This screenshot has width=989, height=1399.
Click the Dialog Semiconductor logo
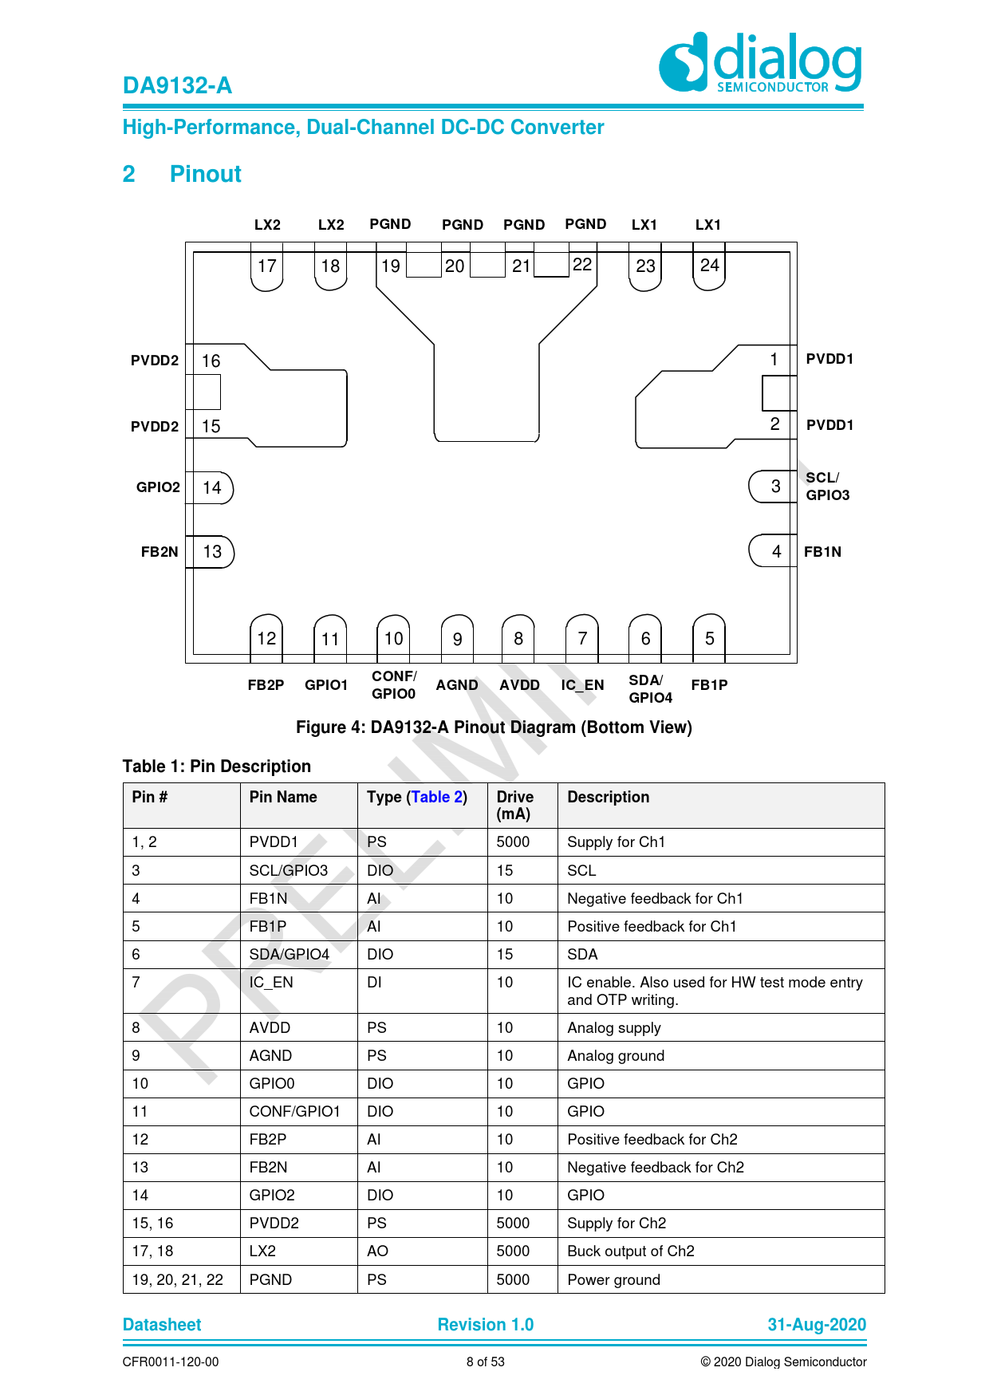tap(760, 62)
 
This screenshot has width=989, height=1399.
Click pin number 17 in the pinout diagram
tap(266, 266)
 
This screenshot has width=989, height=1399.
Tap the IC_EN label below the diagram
tap(582, 685)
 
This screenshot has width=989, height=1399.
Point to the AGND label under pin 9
tap(457, 685)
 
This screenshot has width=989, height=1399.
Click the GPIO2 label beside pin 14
tap(158, 487)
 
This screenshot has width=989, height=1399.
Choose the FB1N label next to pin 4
tap(822, 552)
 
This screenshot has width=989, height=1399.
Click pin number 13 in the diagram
tap(212, 552)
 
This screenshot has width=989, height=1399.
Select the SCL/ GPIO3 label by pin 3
tap(827, 487)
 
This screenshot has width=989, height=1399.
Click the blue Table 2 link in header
tap(437, 797)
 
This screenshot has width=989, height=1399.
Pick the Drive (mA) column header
tap(514, 805)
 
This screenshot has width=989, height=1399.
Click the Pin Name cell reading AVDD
tap(270, 1027)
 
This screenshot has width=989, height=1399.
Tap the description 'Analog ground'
tap(616, 1055)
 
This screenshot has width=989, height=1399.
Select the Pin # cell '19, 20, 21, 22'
tap(178, 1279)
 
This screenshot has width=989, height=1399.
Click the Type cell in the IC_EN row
tap(374, 982)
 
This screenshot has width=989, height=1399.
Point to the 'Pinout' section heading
tap(205, 174)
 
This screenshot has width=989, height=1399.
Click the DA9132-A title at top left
tap(177, 85)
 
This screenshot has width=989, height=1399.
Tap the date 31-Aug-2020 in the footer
tap(816, 1325)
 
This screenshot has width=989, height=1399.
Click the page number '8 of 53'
tap(485, 1362)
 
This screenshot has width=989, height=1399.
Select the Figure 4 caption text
tap(494, 727)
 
